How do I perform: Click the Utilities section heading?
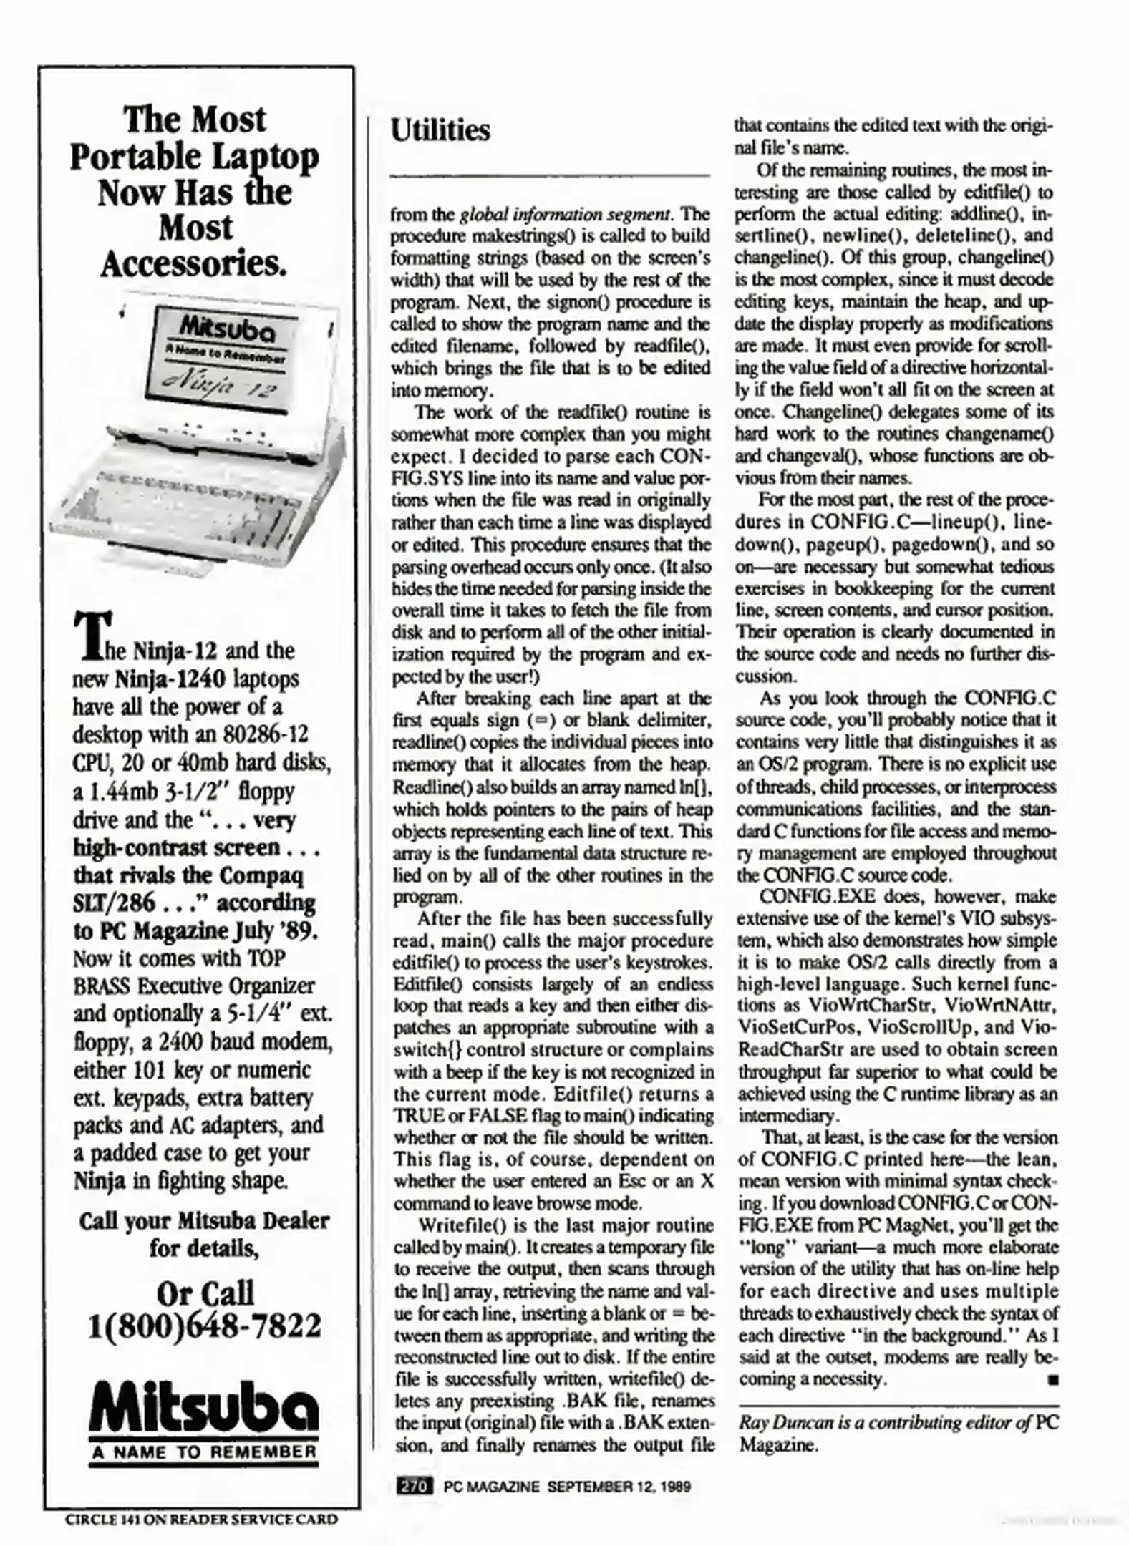tap(440, 131)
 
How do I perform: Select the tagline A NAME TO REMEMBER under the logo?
tap(204, 1452)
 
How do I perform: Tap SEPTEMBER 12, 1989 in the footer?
tap(619, 1487)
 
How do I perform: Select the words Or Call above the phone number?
tap(204, 1293)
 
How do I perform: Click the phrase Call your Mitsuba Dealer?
tap(204, 1220)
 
